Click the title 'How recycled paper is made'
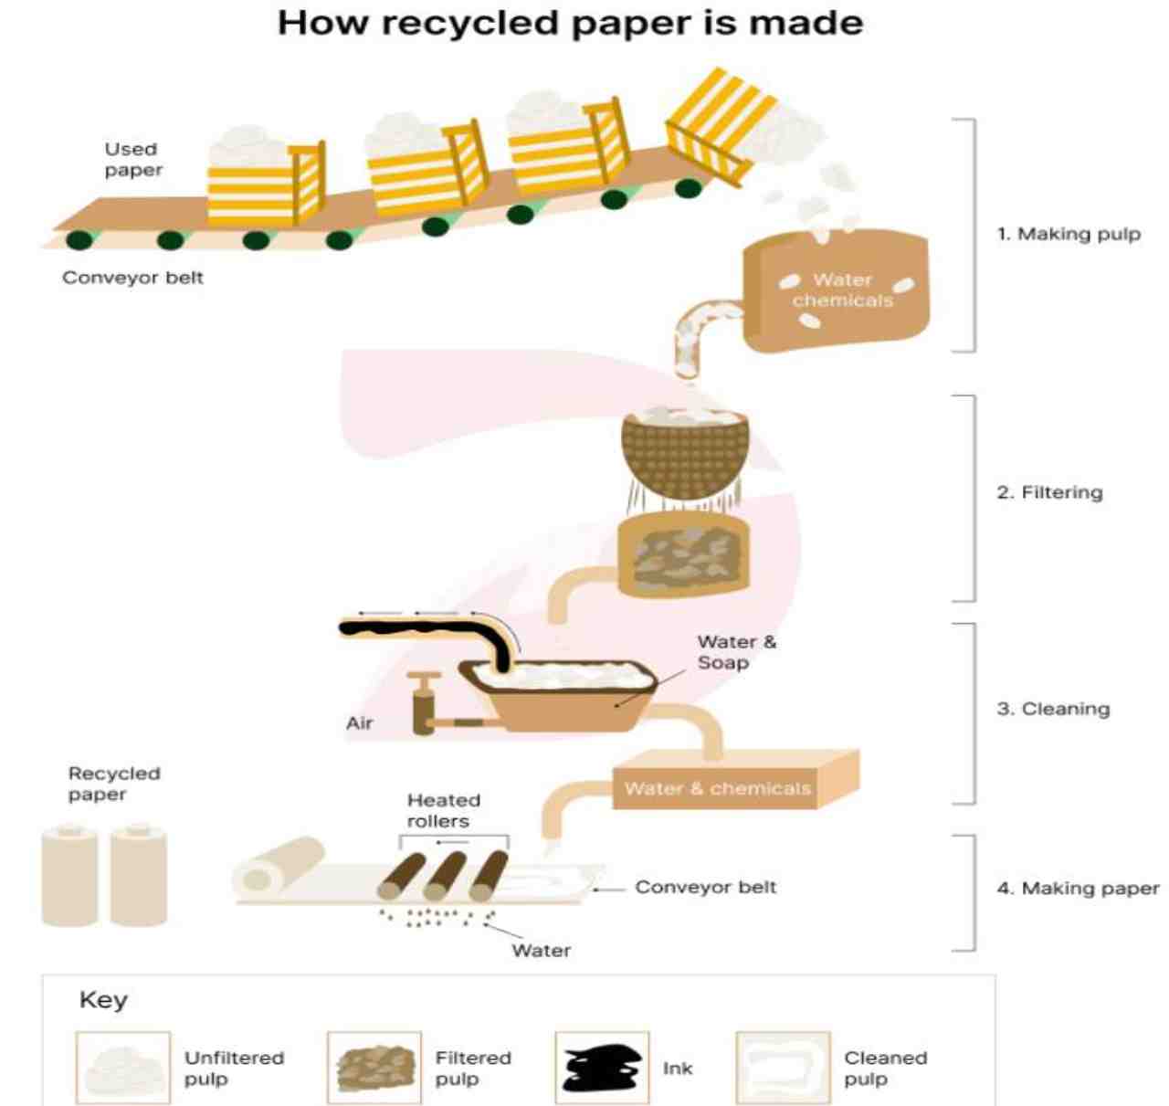570,23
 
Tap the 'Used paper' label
132,159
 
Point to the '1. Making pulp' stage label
1068,234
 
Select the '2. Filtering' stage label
1049,492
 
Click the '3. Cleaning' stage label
1053,709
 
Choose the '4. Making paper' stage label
1078,888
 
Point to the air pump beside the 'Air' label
424,703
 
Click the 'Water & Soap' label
736,652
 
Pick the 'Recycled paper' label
113,784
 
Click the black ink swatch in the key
601,1068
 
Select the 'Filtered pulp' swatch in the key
374,1068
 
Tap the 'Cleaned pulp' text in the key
884,1068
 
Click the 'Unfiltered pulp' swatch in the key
122,1068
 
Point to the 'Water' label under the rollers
541,951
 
